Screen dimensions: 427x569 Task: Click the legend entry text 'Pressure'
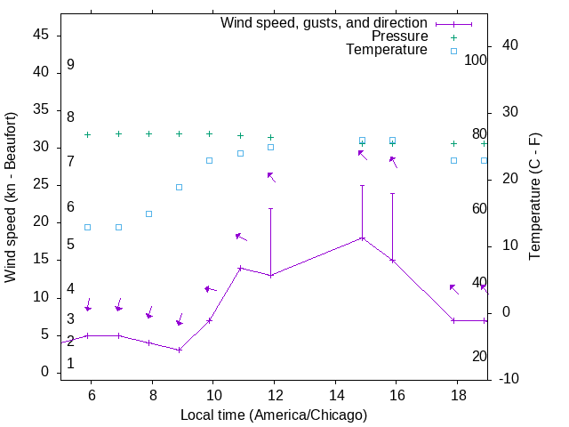(399, 36)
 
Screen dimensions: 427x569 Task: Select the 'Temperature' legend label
(387, 50)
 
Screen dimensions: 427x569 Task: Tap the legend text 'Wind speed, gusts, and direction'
(325, 22)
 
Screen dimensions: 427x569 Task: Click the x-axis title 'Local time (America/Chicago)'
(274, 415)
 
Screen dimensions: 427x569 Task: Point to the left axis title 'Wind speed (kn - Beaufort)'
(11, 197)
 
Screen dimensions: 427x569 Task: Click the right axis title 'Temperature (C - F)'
(534, 197)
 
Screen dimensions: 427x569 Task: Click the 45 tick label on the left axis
(41, 35)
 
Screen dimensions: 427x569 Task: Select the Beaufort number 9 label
(70, 65)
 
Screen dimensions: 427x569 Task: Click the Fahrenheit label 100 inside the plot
(476, 60)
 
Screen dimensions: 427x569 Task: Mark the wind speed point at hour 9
(180, 350)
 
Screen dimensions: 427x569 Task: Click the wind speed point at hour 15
(362, 238)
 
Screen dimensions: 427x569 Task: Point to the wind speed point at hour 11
(240, 268)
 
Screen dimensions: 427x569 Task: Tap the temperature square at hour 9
(180, 187)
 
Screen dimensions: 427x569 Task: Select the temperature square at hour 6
(87, 227)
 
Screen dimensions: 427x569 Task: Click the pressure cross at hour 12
(271, 137)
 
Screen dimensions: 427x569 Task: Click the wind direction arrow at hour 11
(241, 238)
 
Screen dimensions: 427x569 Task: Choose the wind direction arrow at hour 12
(271, 177)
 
